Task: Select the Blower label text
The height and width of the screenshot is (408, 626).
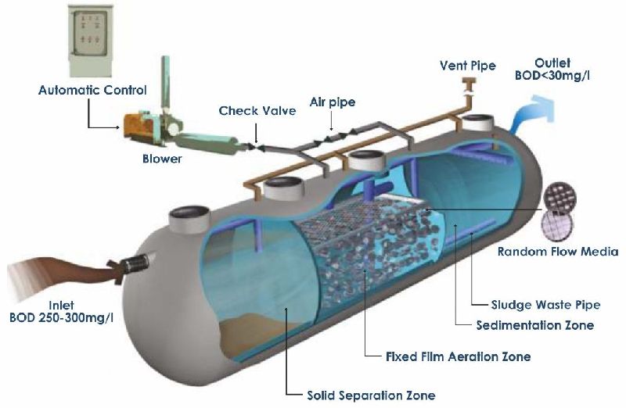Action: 162,159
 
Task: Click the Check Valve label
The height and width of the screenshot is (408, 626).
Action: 257,111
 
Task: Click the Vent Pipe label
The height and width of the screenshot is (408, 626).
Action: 468,66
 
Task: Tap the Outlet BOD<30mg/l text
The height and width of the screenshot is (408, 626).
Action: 563,70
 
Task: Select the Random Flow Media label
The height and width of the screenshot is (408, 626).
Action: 558,252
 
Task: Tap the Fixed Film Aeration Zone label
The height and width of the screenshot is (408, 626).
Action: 459,356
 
